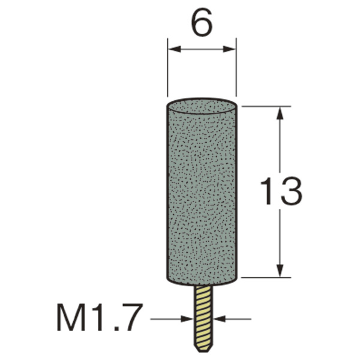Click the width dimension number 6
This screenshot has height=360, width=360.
coord(202,23)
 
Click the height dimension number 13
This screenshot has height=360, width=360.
coord(281,191)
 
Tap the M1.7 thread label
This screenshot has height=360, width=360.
coord(98,317)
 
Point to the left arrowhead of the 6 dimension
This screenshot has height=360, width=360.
coord(174,49)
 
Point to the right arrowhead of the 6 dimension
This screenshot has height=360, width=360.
coord(230,49)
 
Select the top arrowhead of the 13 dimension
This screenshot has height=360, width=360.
coord(280,113)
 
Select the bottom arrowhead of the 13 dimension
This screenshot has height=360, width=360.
coord(280,271)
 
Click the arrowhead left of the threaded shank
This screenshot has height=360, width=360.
coord(187,319)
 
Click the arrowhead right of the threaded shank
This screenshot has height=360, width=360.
coord(219,319)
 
